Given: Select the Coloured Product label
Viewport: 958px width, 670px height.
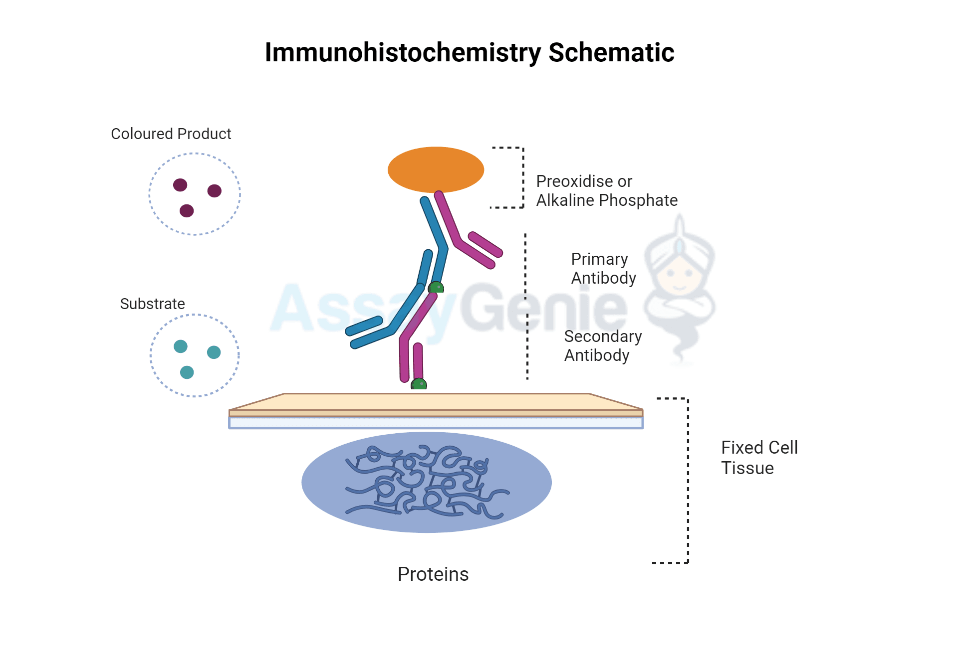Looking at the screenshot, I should [171, 134].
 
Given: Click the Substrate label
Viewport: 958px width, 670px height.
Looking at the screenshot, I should [152, 304].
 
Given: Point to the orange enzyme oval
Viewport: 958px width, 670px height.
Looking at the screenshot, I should [436, 169].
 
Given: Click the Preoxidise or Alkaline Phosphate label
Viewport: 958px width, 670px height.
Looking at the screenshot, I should [606, 191].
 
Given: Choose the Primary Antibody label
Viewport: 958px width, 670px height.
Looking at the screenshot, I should [603, 269].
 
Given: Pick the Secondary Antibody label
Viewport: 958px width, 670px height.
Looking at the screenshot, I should [603, 346].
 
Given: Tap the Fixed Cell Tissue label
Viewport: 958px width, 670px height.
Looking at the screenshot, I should [759, 458].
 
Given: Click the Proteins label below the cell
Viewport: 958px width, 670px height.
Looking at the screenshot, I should [433, 574].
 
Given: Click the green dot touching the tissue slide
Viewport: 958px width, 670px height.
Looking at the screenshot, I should [419, 384].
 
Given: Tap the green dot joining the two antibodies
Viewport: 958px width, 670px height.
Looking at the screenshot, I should [436, 288].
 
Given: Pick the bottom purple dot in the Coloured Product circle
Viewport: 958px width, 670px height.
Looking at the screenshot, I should [187, 211].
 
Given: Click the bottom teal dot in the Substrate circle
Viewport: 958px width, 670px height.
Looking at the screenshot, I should [187, 372].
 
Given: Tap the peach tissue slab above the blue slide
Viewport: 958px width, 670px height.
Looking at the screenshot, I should [436, 403].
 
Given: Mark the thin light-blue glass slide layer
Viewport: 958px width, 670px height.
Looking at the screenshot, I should [436, 423].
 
